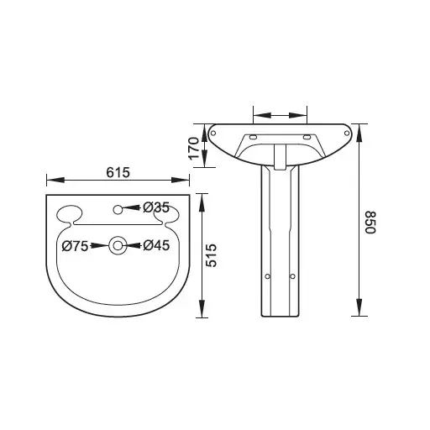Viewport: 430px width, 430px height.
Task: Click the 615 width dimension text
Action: tap(118, 171)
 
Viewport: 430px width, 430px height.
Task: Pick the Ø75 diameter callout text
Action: tap(76, 245)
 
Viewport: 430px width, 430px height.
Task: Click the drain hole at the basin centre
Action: tap(118, 245)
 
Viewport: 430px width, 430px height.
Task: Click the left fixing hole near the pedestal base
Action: tap(267, 275)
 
